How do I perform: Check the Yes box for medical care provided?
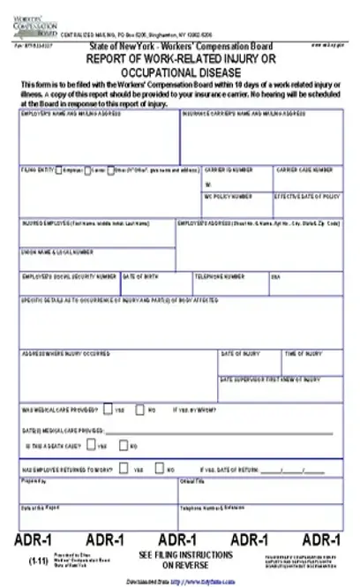pos(108,410)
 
